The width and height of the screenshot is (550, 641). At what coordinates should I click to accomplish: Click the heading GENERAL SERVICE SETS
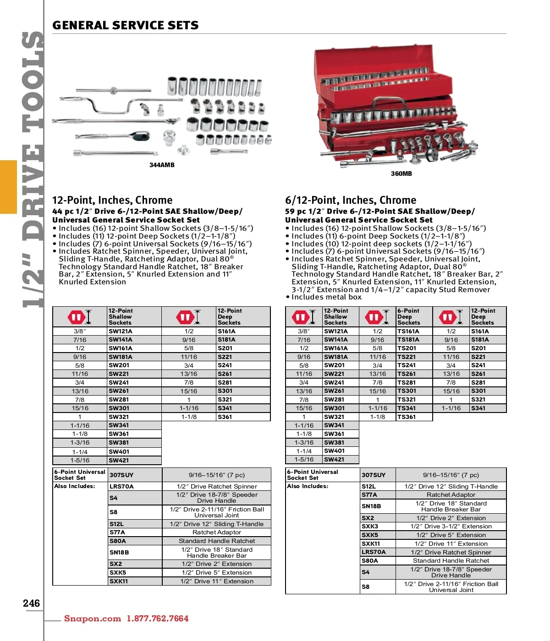(x=125, y=26)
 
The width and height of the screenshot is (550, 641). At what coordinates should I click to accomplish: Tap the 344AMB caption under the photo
(x=162, y=165)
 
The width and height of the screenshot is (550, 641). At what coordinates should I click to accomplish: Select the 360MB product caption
(x=401, y=174)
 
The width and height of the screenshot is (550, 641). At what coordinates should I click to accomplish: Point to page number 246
(x=32, y=603)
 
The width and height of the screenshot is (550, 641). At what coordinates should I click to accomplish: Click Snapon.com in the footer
(x=93, y=619)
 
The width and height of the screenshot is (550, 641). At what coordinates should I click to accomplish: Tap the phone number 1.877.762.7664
(x=158, y=619)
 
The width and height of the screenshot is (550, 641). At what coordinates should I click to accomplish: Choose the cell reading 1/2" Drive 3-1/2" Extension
(x=451, y=527)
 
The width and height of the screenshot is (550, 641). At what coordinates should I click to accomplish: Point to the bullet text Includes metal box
(x=326, y=297)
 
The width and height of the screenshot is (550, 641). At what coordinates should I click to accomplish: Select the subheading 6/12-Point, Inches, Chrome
(x=351, y=200)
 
